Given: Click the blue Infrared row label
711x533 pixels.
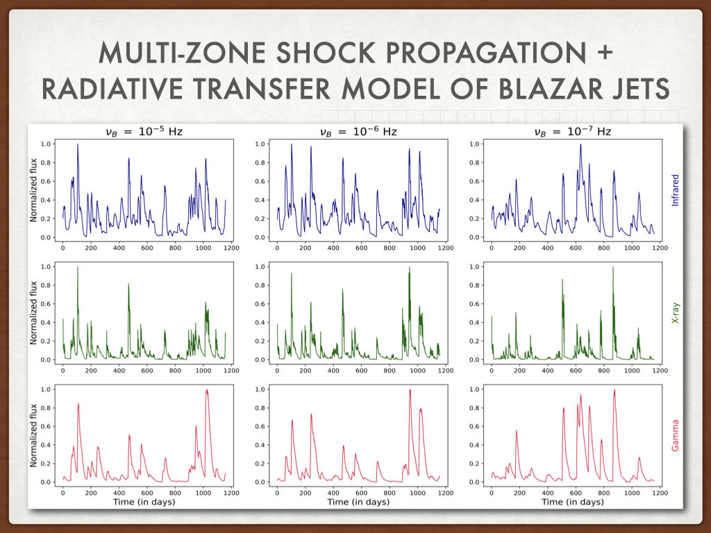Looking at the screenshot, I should point(675,187).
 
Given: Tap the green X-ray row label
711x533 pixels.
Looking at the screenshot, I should point(675,312).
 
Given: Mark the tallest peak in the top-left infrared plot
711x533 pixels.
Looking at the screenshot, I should point(78,144).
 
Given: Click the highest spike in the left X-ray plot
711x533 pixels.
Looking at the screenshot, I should point(78,267).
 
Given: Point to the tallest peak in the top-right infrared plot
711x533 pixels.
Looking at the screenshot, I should point(580,144).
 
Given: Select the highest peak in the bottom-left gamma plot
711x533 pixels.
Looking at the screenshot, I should point(207,390).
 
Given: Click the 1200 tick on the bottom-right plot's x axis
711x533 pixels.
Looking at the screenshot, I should point(659,492).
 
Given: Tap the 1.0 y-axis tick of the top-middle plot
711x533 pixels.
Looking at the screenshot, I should point(260,144).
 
